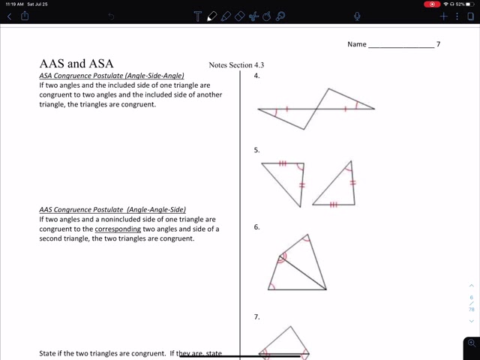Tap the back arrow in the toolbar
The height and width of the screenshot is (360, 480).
pyautogui.click(x=9, y=16)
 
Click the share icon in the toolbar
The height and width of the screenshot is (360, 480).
pyautogui.click(x=25, y=16)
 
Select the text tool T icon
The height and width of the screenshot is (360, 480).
pyautogui.click(x=197, y=16)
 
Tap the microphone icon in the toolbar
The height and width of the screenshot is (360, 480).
pyautogui.click(x=358, y=16)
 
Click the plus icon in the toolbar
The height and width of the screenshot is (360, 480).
pyautogui.click(x=444, y=16)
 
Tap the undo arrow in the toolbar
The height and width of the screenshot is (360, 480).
pyautogui.click(x=112, y=16)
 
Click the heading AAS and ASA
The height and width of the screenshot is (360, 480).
pyautogui.click(x=76, y=64)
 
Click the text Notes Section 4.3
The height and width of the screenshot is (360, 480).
pyautogui.click(x=236, y=65)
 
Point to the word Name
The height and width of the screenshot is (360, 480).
pyautogui.click(x=357, y=44)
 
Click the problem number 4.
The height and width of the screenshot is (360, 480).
pyautogui.click(x=256, y=76)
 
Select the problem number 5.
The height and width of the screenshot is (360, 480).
pyautogui.click(x=256, y=150)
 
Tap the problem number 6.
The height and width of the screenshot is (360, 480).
pyautogui.click(x=256, y=226)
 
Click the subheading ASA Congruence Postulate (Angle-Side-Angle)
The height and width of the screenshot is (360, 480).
pyautogui.click(x=112, y=76)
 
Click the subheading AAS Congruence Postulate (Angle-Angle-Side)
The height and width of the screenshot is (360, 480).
pyautogui.click(x=112, y=209)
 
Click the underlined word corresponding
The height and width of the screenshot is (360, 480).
pyautogui.click(x=118, y=229)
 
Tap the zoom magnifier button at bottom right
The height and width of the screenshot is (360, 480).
pyautogui.click(x=471, y=343)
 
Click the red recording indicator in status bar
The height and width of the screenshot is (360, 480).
pyautogui.click(x=432, y=4)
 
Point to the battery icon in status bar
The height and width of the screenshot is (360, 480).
pyautogui.click(x=470, y=4)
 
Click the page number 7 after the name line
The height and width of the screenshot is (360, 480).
pyautogui.click(x=439, y=44)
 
